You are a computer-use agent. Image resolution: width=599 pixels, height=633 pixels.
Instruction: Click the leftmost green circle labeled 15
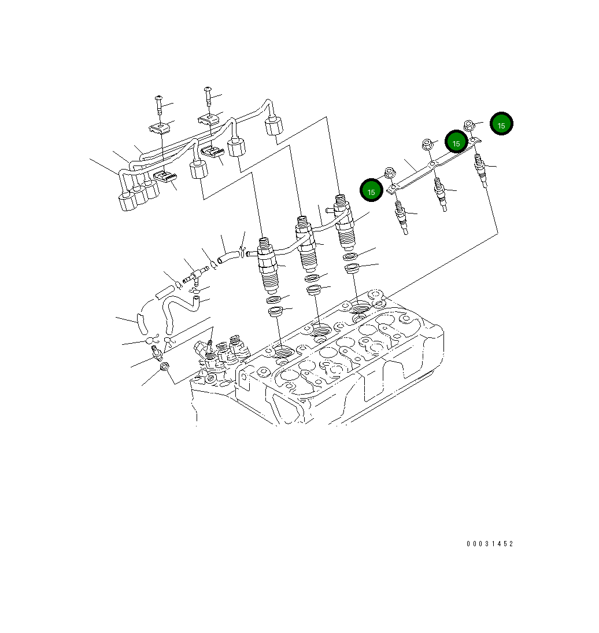pos(371,191)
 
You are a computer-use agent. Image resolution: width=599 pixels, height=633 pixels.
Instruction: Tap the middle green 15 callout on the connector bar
pos(456,142)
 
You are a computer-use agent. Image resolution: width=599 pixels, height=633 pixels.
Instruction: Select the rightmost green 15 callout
pos(501,124)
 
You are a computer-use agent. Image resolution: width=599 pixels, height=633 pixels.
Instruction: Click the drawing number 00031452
pos(490,544)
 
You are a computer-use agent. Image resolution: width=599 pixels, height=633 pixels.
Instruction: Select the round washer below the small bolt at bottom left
pos(164,366)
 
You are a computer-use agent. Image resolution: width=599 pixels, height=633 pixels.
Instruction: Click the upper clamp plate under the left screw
pos(161,129)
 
